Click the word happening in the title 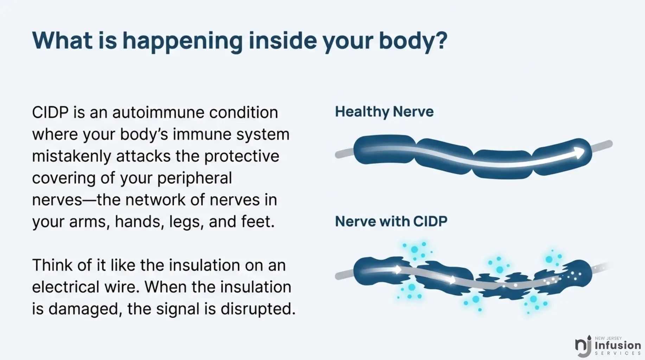coord(183,41)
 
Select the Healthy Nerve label coord(384,112)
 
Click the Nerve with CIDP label coord(391,221)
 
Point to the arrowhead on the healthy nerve coord(579,153)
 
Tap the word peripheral coord(194,178)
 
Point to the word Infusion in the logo coord(618,345)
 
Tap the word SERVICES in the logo coord(618,353)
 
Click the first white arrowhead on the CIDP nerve coord(397,270)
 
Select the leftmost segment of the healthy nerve coord(384,149)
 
